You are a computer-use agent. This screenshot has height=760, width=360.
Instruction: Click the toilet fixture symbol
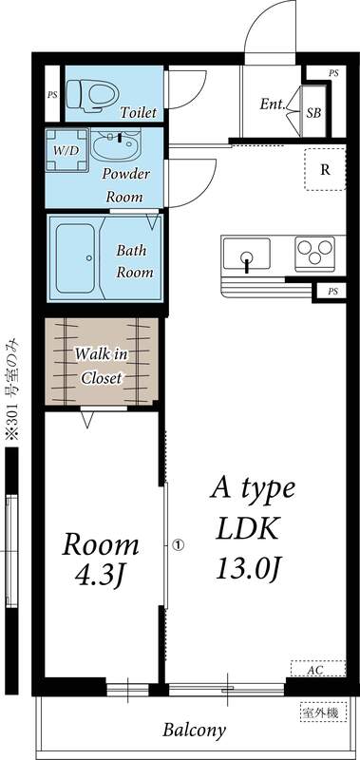coord(92,94)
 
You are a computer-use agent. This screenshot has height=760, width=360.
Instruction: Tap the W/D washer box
coord(66,150)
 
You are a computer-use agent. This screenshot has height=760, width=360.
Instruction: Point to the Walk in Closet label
coord(101,366)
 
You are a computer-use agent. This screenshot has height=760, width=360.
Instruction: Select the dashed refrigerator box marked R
coord(326,169)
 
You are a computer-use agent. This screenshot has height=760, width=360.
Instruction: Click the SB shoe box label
coord(313,113)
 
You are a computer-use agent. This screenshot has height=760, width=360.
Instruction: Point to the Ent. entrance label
coord(273,104)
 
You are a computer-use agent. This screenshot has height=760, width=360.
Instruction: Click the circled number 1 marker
coord(178,545)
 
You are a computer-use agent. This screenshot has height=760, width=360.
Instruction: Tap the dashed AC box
coord(318,669)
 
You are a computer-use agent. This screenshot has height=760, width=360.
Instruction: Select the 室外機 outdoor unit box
coord(323,712)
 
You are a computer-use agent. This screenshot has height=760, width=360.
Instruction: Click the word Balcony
coord(194,730)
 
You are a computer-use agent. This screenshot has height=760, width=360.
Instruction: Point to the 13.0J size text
coord(249,568)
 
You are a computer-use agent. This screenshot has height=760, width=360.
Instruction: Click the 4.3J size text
coord(100,575)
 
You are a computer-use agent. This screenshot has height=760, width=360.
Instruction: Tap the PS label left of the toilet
coord(52,95)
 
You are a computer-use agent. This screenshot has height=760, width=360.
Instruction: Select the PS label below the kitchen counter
coord(332,292)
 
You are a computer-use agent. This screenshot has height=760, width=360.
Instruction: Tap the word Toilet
coord(139,112)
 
